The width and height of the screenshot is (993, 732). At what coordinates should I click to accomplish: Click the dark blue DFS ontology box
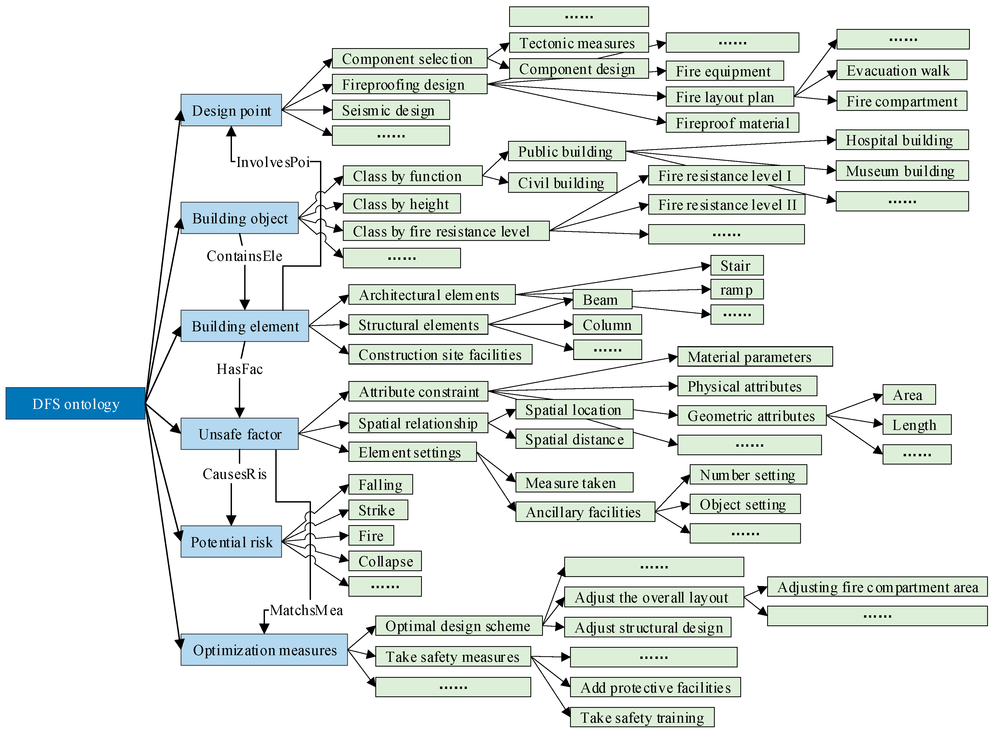[x=75, y=404]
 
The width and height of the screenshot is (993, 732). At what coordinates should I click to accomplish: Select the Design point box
[x=231, y=110]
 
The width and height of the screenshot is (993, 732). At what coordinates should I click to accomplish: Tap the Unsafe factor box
[x=239, y=434]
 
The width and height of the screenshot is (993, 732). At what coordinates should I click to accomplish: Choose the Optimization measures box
[x=264, y=650]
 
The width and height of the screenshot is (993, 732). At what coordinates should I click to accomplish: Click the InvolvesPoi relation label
[x=273, y=162]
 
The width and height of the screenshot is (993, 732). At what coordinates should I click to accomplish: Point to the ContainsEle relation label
[x=244, y=256]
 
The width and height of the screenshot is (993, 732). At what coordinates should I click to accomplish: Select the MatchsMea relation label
[x=306, y=610]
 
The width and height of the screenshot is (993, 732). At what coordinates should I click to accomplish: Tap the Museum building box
[x=902, y=171]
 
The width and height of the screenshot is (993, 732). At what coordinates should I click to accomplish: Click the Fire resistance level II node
[x=726, y=205]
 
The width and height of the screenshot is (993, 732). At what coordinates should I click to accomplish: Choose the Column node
[x=607, y=325]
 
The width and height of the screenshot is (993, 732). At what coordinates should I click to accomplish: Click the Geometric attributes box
[x=751, y=416]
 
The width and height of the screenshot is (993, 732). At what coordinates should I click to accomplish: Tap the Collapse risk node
[x=385, y=561]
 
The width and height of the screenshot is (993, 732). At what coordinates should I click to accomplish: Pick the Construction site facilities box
[x=440, y=354]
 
